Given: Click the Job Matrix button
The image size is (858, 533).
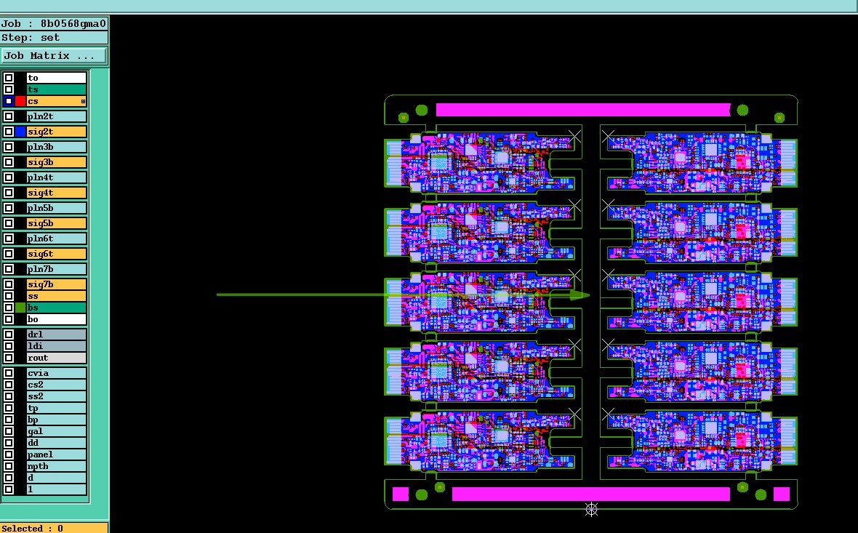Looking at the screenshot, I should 54,56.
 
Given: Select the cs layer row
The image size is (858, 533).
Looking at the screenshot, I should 56,101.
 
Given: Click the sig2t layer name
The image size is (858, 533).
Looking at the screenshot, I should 40,132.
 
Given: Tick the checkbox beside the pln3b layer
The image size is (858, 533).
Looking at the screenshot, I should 9,147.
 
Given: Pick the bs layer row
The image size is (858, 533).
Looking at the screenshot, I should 56,308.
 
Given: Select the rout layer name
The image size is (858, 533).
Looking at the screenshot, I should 38,358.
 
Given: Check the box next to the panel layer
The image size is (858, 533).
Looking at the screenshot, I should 9,454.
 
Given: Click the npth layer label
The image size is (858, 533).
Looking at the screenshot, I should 38,466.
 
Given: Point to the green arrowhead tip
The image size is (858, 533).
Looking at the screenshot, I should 589,294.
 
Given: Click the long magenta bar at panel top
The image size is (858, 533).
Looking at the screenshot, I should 582,110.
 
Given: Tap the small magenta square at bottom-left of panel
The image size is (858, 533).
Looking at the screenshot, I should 401,494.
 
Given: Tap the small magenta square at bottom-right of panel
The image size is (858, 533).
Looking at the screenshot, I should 782,494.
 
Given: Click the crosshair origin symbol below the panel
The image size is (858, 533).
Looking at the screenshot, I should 592,509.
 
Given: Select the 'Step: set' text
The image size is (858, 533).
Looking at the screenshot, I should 31,38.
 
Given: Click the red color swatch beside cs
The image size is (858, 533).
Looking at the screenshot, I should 20,101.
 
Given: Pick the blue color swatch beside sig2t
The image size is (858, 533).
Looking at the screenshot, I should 20,132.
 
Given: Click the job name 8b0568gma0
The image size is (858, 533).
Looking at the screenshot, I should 73,23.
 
